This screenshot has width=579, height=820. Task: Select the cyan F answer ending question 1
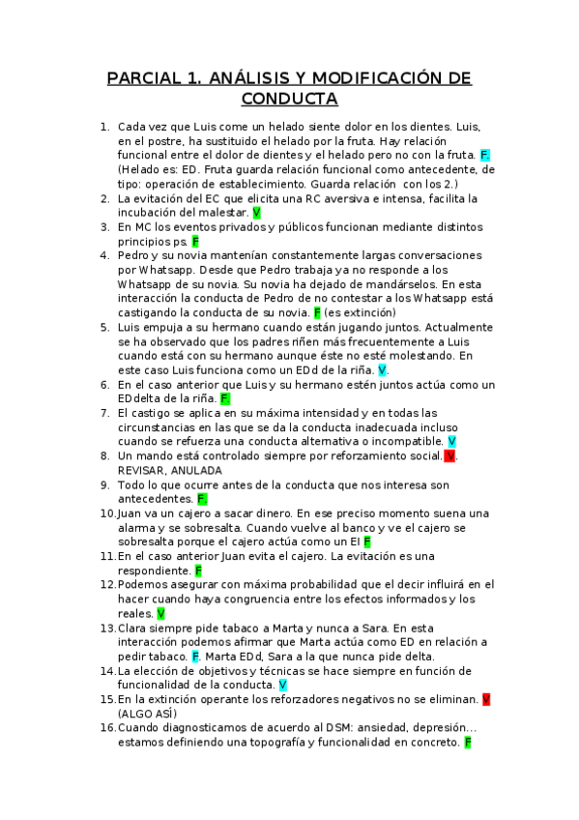485,155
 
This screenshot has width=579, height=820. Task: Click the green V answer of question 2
256,212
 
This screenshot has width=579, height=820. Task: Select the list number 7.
104,413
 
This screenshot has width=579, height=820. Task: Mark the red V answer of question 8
450,455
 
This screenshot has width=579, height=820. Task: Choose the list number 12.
107,584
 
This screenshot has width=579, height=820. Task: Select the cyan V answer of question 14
283,685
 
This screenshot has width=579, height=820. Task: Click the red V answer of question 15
486,698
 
